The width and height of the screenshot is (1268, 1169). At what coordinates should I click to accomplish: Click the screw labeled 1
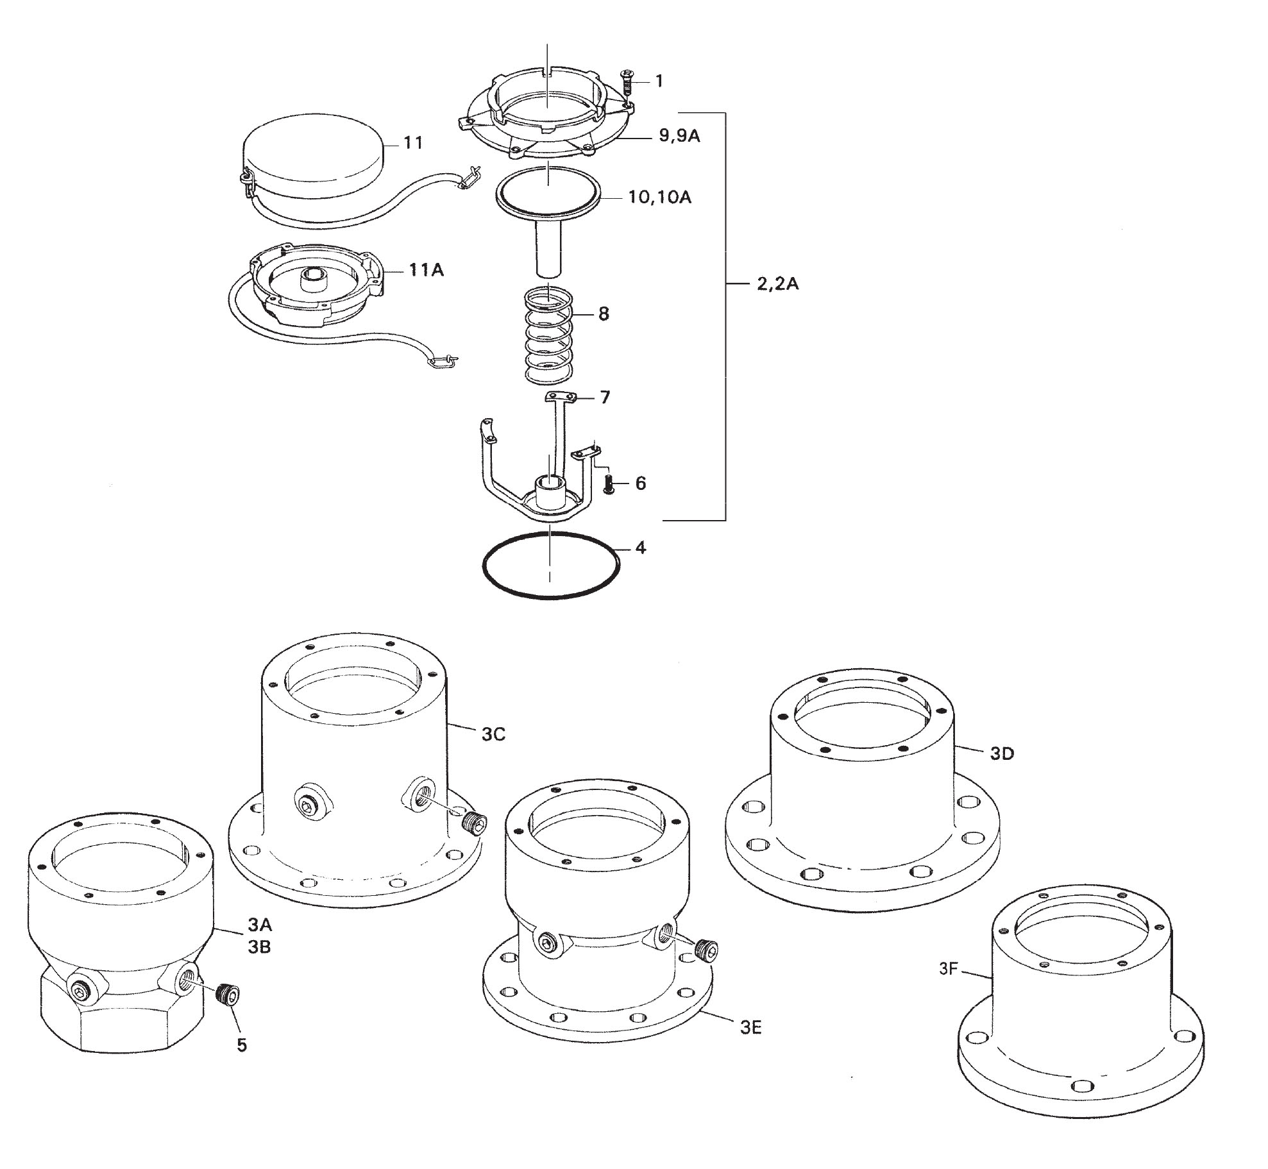coord(627,83)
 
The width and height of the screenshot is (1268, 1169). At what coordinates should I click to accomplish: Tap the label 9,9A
coord(679,137)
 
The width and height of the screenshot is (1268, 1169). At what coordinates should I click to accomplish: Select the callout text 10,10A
coord(660,197)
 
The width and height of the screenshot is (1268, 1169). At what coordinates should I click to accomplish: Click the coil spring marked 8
coord(548,337)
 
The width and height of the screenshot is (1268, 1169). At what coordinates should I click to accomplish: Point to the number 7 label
coord(605,398)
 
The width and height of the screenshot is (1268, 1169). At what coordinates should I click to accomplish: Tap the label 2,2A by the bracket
coord(777,283)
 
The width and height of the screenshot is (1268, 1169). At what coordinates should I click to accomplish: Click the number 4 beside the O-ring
coord(640,548)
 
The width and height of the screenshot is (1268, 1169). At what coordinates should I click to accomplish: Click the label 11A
coord(427,271)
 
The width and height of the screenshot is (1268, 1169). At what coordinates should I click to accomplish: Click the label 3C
coord(493,735)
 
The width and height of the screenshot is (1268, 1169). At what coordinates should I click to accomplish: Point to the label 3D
coord(1002,754)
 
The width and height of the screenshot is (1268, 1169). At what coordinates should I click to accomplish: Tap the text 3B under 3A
coord(259,946)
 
